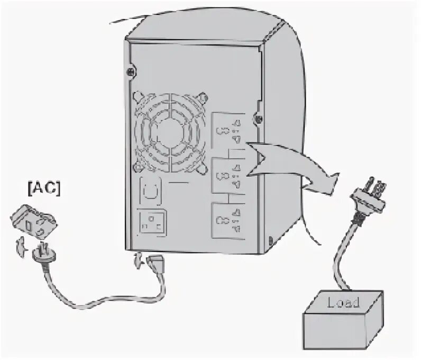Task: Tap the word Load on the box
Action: (x=343, y=303)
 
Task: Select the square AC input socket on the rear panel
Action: (x=153, y=222)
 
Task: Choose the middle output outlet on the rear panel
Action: (x=227, y=176)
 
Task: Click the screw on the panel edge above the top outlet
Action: (x=258, y=118)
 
